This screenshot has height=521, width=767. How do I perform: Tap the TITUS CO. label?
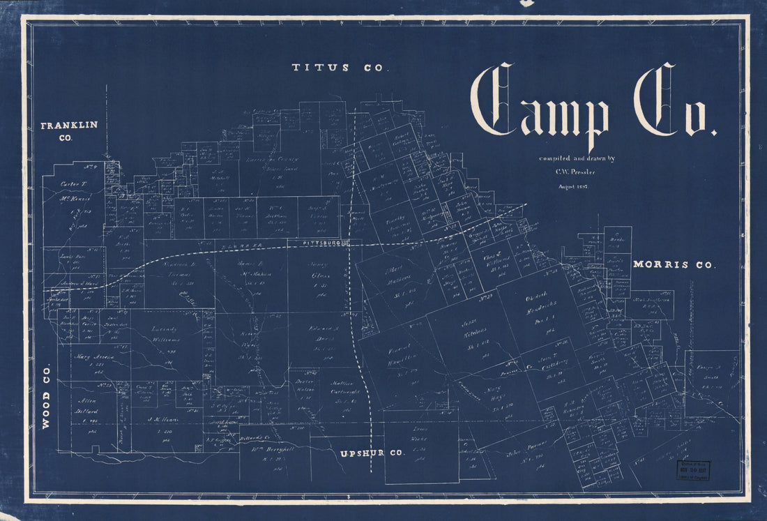(x=338, y=68)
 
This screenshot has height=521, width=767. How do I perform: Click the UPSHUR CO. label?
(x=372, y=453)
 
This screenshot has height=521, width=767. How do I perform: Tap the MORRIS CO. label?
(x=674, y=265)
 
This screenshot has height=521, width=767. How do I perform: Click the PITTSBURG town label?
(x=321, y=243)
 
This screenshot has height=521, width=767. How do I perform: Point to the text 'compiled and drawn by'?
(x=575, y=158)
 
